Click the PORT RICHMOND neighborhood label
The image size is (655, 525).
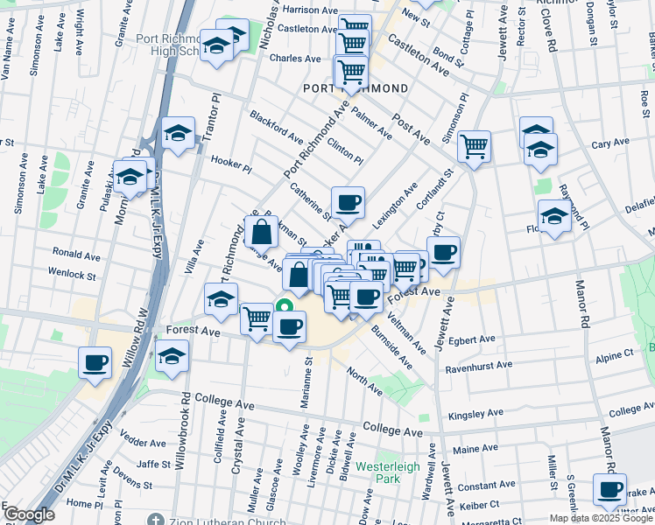(x=356, y=89)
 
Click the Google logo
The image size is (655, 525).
(x=28, y=514)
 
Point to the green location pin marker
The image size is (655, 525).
(x=284, y=307)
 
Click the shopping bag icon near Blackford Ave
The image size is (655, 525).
(x=261, y=233)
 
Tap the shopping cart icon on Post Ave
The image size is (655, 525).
(x=474, y=147)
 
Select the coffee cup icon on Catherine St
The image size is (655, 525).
(x=347, y=203)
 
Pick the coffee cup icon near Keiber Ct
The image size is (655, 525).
(x=609, y=490)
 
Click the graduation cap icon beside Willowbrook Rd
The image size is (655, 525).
(x=173, y=358)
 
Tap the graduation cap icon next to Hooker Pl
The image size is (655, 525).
(x=178, y=134)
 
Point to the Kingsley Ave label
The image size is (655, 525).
(x=475, y=413)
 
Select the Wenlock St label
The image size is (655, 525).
(x=73, y=275)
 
